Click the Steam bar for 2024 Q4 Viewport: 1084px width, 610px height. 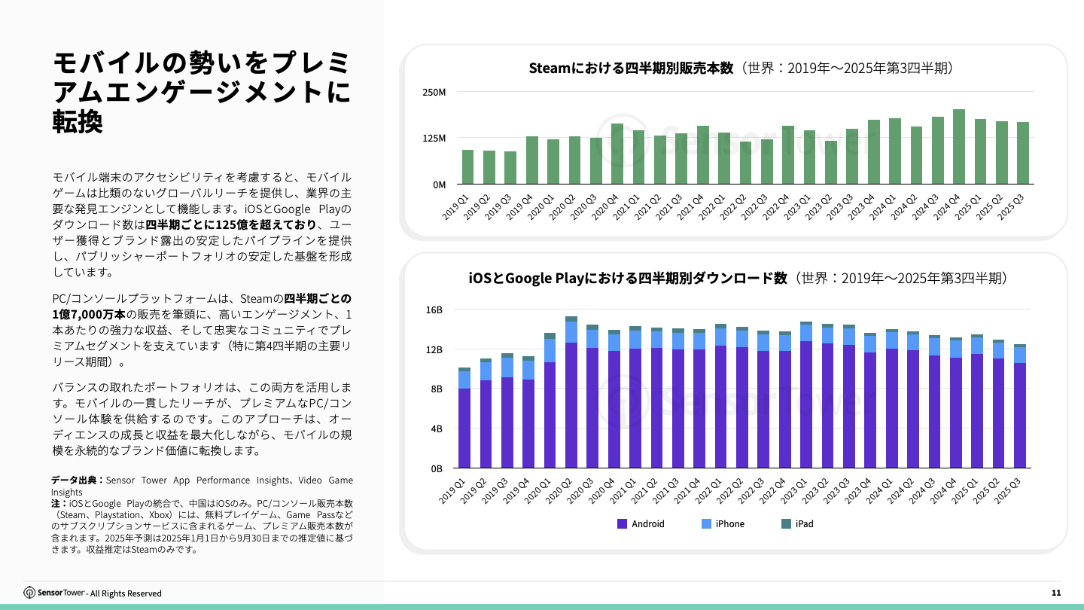[958, 147]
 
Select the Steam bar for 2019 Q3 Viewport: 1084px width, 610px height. [510, 167]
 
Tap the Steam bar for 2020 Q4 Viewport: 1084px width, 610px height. [617, 154]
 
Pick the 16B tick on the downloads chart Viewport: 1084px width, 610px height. [434, 310]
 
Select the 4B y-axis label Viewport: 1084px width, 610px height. [437, 429]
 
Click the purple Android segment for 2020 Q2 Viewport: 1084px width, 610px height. [571, 405]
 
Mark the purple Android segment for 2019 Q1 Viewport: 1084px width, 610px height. [464, 428]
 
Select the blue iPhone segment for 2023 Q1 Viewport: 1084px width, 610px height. [806, 333]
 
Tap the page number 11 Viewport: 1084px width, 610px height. [1056, 593]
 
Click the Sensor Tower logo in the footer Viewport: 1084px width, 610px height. [55, 593]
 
